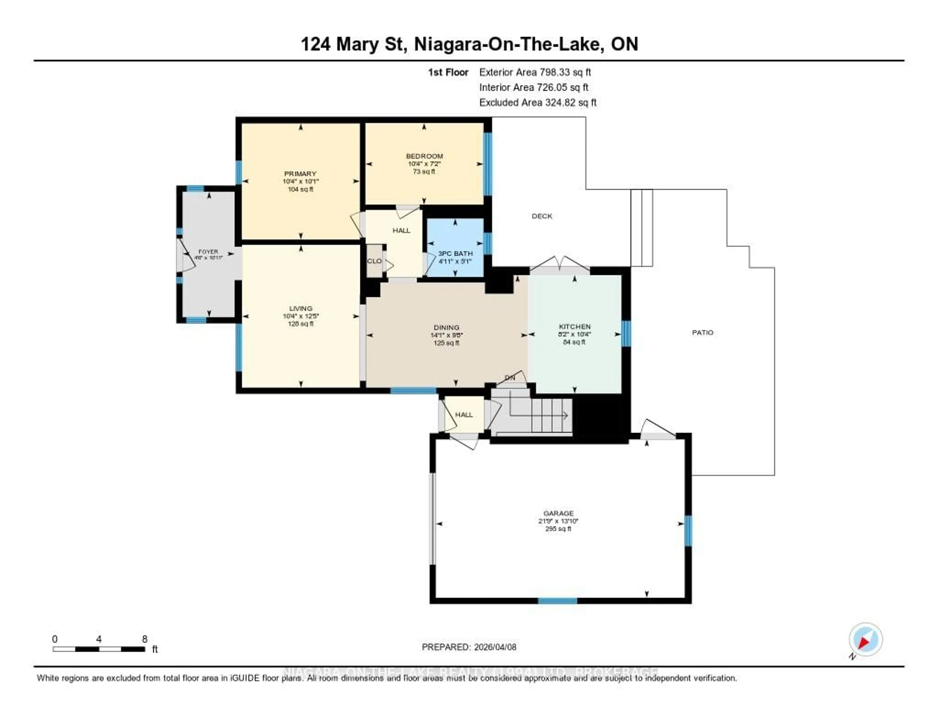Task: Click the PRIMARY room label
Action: [300, 174]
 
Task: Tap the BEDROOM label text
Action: [424, 156]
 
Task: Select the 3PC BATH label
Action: [455, 253]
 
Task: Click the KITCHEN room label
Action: [574, 327]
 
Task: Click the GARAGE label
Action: [558, 513]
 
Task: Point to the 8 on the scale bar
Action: [145, 639]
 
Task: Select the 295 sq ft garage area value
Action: [558, 529]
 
